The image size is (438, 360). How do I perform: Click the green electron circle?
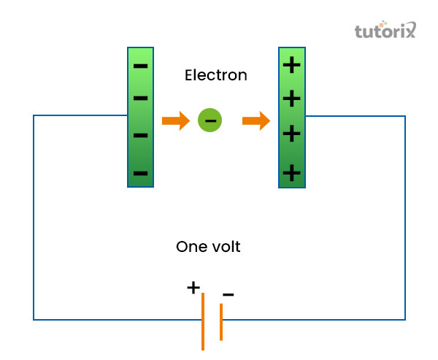(x=210, y=120)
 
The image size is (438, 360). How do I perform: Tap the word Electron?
(x=215, y=74)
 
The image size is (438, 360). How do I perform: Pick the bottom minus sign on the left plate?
(x=141, y=173)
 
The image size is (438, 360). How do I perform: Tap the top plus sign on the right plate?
(x=291, y=65)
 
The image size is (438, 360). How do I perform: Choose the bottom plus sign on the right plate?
(x=291, y=172)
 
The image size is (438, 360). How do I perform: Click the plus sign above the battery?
(x=193, y=287)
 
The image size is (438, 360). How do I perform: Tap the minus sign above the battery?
(x=228, y=295)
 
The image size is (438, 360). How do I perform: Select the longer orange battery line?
(x=203, y=321)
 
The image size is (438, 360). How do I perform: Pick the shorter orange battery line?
(x=220, y=321)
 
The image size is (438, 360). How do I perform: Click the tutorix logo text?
(x=384, y=31)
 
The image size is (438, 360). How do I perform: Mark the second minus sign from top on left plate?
(x=141, y=98)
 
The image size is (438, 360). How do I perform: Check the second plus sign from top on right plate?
(x=291, y=98)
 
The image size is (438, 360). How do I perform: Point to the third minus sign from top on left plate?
(x=141, y=135)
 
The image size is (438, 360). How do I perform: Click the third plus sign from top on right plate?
(x=291, y=133)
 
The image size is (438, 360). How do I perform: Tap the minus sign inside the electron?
(x=210, y=120)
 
